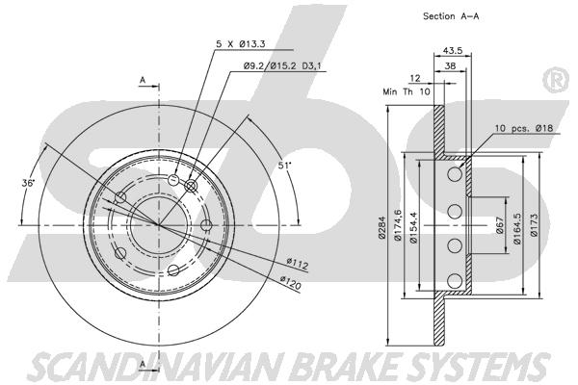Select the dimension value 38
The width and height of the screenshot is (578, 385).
(452, 67)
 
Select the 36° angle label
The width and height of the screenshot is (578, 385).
(28, 182)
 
